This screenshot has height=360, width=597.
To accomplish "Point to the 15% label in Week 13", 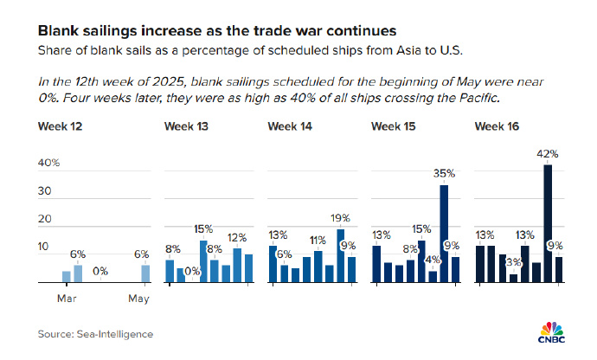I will [203, 229].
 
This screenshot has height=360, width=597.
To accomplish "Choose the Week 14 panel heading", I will [290, 127].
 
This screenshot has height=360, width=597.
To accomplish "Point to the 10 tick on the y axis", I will [44, 247].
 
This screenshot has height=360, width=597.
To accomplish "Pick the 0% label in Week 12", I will [100, 272].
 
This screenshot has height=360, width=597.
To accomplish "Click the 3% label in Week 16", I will [514, 261].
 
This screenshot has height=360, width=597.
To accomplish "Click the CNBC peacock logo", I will [551, 331].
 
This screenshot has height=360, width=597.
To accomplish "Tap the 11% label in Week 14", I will [318, 240].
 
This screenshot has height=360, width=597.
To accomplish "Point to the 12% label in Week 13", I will [237, 237].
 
